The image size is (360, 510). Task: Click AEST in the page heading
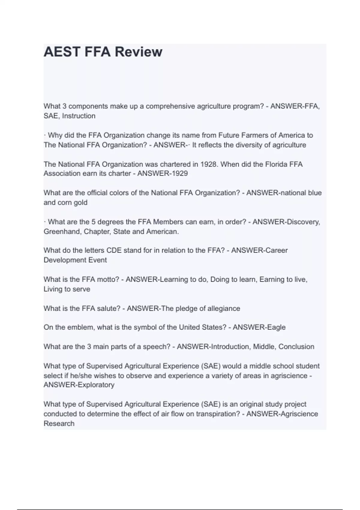(x=62, y=52)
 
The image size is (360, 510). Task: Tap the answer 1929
(x=179, y=173)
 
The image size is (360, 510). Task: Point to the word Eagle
(x=276, y=327)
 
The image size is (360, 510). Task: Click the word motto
(x=108, y=279)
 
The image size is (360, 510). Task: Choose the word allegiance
(x=224, y=308)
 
